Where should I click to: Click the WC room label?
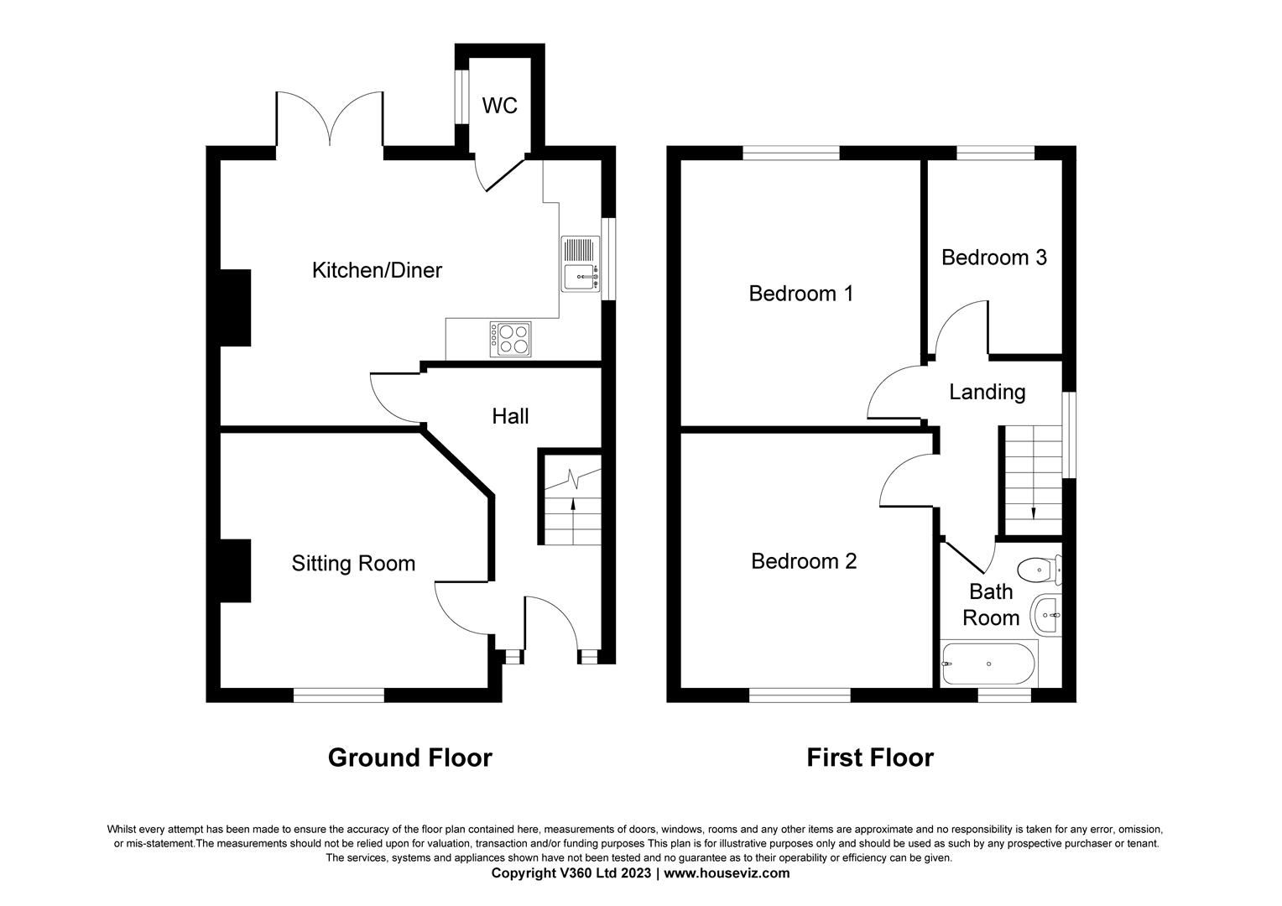(x=499, y=106)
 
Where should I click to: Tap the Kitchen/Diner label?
(x=377, y=270)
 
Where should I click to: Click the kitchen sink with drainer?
(x=580, y=263)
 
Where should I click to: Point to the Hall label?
(x=510, y=416)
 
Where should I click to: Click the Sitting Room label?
(x=353, y=563)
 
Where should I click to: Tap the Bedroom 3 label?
(x=993, y=257)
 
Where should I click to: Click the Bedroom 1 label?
(x=800, y=294)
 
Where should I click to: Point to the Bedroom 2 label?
(x=804, y=560)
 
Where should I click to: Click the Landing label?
(x=987, y=392)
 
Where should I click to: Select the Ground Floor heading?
(x=409, y=758)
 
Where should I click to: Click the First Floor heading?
(x=869, y=758)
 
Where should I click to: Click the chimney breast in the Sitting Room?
(x=236, y=570)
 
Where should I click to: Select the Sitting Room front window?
(x=339, y=695)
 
